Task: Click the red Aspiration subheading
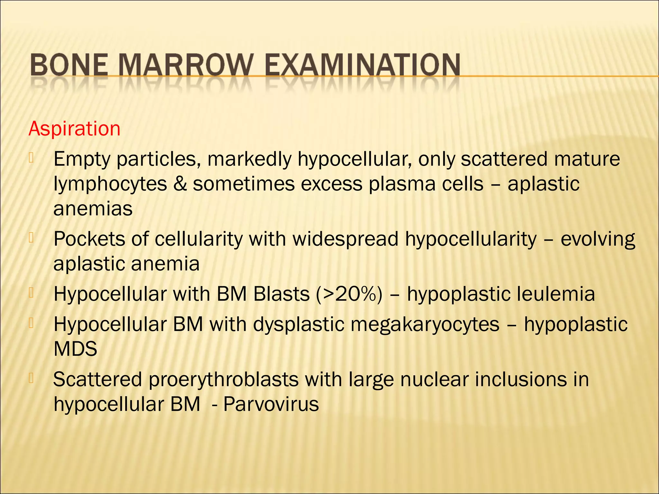click(x=74, y=129)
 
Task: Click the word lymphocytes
click(x=110, y=185)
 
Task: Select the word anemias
click(x=93, y=209)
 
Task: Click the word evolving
click(x=598, y=240)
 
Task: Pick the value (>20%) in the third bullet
click(x=349, y=294)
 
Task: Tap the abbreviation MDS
click(x=75, y=349)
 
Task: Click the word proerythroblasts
click(x=224, y=380)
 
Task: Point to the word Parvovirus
click(x=271, y=404)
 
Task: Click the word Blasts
click(x=281, y=294)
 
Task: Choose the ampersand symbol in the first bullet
click(x=180, y=185)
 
